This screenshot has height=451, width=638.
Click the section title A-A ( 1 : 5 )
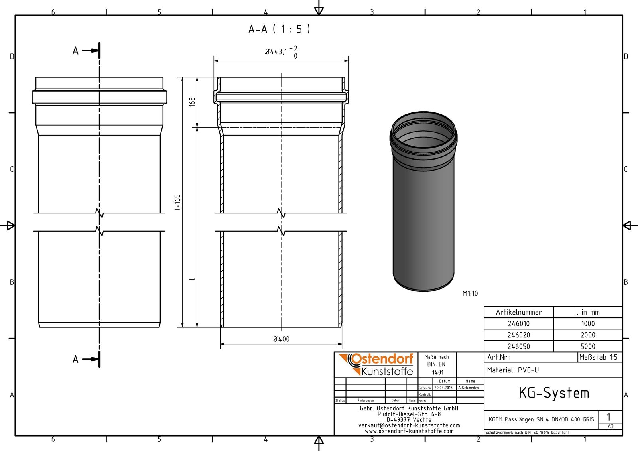[x=279, y=29]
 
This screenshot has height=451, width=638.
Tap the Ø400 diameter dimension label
[x=281, y=339]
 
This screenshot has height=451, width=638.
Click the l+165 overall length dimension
[x=178, y=202]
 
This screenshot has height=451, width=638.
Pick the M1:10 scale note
[x=470, y=293]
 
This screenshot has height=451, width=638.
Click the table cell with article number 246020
[x=518, y=335]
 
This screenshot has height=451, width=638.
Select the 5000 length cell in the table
[x=587, y=346]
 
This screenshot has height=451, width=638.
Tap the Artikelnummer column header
[x=518, y=312]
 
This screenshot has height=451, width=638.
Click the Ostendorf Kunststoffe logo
[x=376, y=364]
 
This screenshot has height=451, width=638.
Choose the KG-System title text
[x=553, y=393]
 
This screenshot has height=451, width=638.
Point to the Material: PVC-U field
[x=513, y=370]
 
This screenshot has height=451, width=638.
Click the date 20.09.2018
[x=443, y=388]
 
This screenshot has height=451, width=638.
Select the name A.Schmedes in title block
[x=469, y=388]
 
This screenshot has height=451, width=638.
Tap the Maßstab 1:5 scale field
[x=598, y=357]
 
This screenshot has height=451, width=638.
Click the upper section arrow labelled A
[x=86, y=51]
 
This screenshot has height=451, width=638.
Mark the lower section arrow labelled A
[x=86, y=359]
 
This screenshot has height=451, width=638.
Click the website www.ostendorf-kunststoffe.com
[x=409, y=431]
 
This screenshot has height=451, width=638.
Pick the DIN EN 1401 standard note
[x=437, y=365]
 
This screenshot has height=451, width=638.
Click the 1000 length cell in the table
[x=587, y=323]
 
